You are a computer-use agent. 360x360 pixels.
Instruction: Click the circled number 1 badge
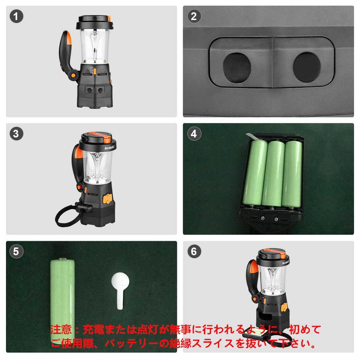[x=16, y=16]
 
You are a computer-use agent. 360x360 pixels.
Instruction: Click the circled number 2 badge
[x=194, y=16]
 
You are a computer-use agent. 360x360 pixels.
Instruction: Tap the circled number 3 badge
[x=16, y=134]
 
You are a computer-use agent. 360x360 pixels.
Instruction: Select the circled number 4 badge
[x=194, y=134]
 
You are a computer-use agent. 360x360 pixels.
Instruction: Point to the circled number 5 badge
[x=16, y=251]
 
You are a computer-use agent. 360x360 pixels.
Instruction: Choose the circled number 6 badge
[x=194, y=251]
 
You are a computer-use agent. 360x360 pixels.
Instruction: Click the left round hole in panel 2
[x=237, y=68]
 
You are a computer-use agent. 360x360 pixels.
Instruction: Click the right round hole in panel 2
[x=307, y=67]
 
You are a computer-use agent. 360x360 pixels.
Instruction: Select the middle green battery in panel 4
[x=273, y=174]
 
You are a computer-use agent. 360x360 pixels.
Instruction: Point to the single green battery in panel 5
[x=63, y=301]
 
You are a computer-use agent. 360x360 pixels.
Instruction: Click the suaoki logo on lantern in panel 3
[x=110, y=147]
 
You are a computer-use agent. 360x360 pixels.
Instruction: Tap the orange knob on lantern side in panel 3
[x=107, y=199]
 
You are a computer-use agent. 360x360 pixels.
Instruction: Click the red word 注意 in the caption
[x=61, y=330]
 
